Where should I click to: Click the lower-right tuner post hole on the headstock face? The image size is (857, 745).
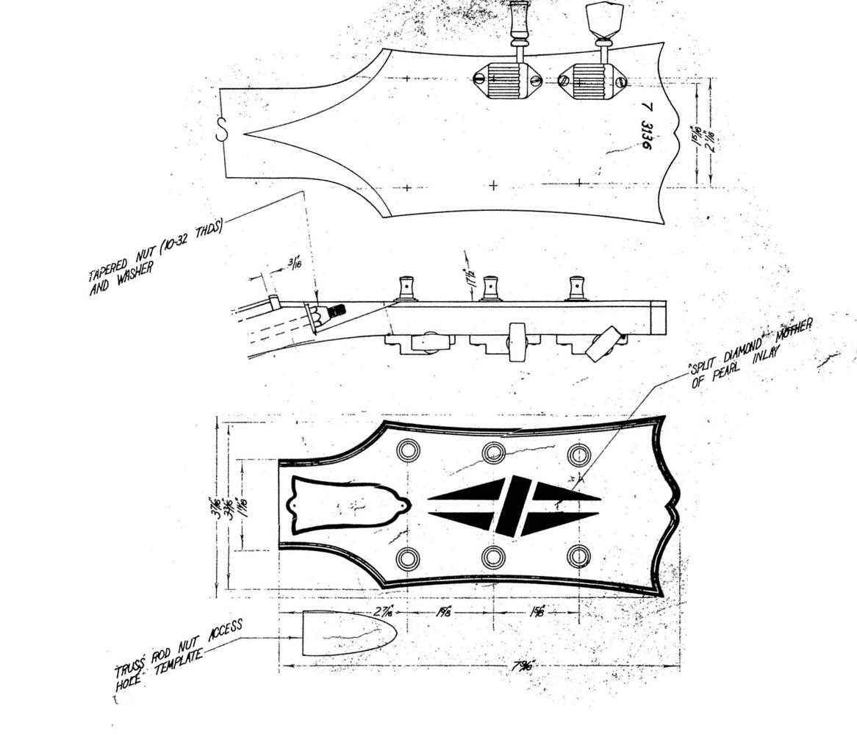[x=578, y=558]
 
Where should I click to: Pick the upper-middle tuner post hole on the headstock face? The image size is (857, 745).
[x=493, y=453]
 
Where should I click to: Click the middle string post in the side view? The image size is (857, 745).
[x=490, y=287]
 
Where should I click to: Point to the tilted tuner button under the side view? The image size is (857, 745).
[x=603, y=344]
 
